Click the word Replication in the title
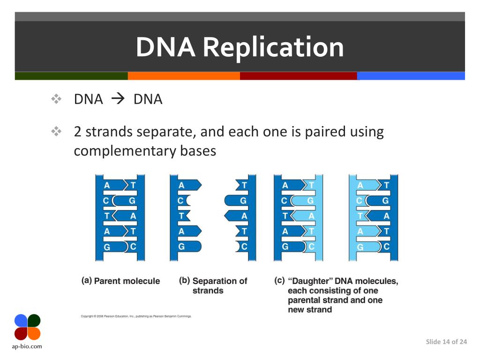tap(273, 48)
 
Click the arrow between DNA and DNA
tap(118, 99)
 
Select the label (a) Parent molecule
tap(121, 281)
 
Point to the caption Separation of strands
tap(219, 285)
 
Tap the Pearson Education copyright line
tap(136, 316)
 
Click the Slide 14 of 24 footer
tap(446, 342)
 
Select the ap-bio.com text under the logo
tap(27, 346)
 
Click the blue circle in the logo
tap(21, 320)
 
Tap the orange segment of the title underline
tap(184, 76)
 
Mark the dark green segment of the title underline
tap(71, 76)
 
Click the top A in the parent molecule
tap(107, 185)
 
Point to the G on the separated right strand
tap(243, 201)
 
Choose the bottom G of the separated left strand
tap(181, 246)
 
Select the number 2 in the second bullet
tap(78, 132)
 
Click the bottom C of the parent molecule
tap(133, 246)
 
